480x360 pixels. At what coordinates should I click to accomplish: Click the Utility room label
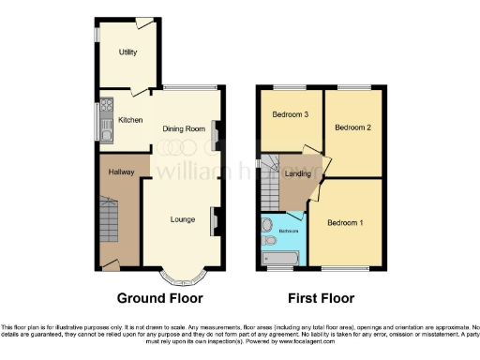click(x=128, y=52)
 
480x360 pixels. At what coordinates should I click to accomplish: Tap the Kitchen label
click(x=130, y=120)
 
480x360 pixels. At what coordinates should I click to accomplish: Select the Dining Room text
click(x=184, y=128)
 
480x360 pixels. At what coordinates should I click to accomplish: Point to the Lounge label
click(x=183, y=220)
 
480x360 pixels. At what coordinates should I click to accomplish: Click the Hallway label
click(x=121, y=172)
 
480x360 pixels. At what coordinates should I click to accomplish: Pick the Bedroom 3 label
click(x=291, y=115)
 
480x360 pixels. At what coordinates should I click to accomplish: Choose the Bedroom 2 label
click(x=352, y=127)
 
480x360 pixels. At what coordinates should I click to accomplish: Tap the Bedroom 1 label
click(x=345, y=223)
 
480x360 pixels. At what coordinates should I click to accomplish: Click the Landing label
click(x=298, y=174)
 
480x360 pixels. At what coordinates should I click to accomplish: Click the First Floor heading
click(x=321, y=299)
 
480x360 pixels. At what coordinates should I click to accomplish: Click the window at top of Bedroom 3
click(x=291, y=87)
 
